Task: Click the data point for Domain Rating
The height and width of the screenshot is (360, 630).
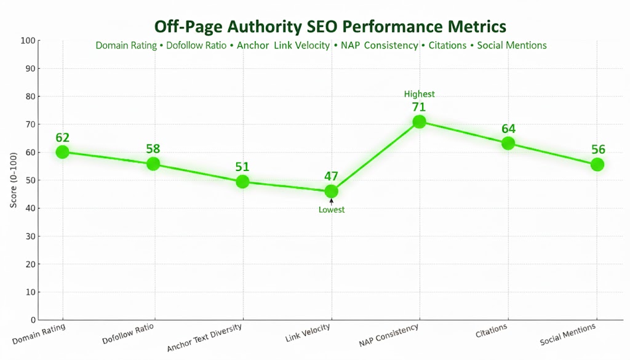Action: click(x=62, y=152)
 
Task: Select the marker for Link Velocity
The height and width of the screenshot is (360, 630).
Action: click(x=331, y=191)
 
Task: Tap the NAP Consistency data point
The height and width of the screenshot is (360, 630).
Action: click(x=419, y=121)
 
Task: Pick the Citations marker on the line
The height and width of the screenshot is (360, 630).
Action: click(x=508, y=143)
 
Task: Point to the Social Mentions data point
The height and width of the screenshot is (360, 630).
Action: click(x=597, y=164)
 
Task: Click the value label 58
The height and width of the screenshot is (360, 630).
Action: click(x=153, y=149)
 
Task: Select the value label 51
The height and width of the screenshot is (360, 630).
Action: click(x=242, y=167)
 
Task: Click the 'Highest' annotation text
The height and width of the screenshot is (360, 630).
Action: click(x=419, y=94)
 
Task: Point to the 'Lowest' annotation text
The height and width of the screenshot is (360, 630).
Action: click(x=332, y=210)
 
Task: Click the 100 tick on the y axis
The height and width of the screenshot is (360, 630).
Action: click(x=28, y=41)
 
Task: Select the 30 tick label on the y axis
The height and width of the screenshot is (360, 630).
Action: click(x=30, y=236)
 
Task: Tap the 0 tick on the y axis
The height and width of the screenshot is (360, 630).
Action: click(x=32, y=320)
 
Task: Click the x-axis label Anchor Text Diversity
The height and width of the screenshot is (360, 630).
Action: click(x=205, y=338)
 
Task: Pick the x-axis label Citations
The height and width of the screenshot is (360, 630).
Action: click(x=492, y=331)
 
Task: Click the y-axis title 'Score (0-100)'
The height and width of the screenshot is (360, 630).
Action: click(x=14, y=180)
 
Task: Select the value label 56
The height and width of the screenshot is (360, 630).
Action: click(x=597, y=150)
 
